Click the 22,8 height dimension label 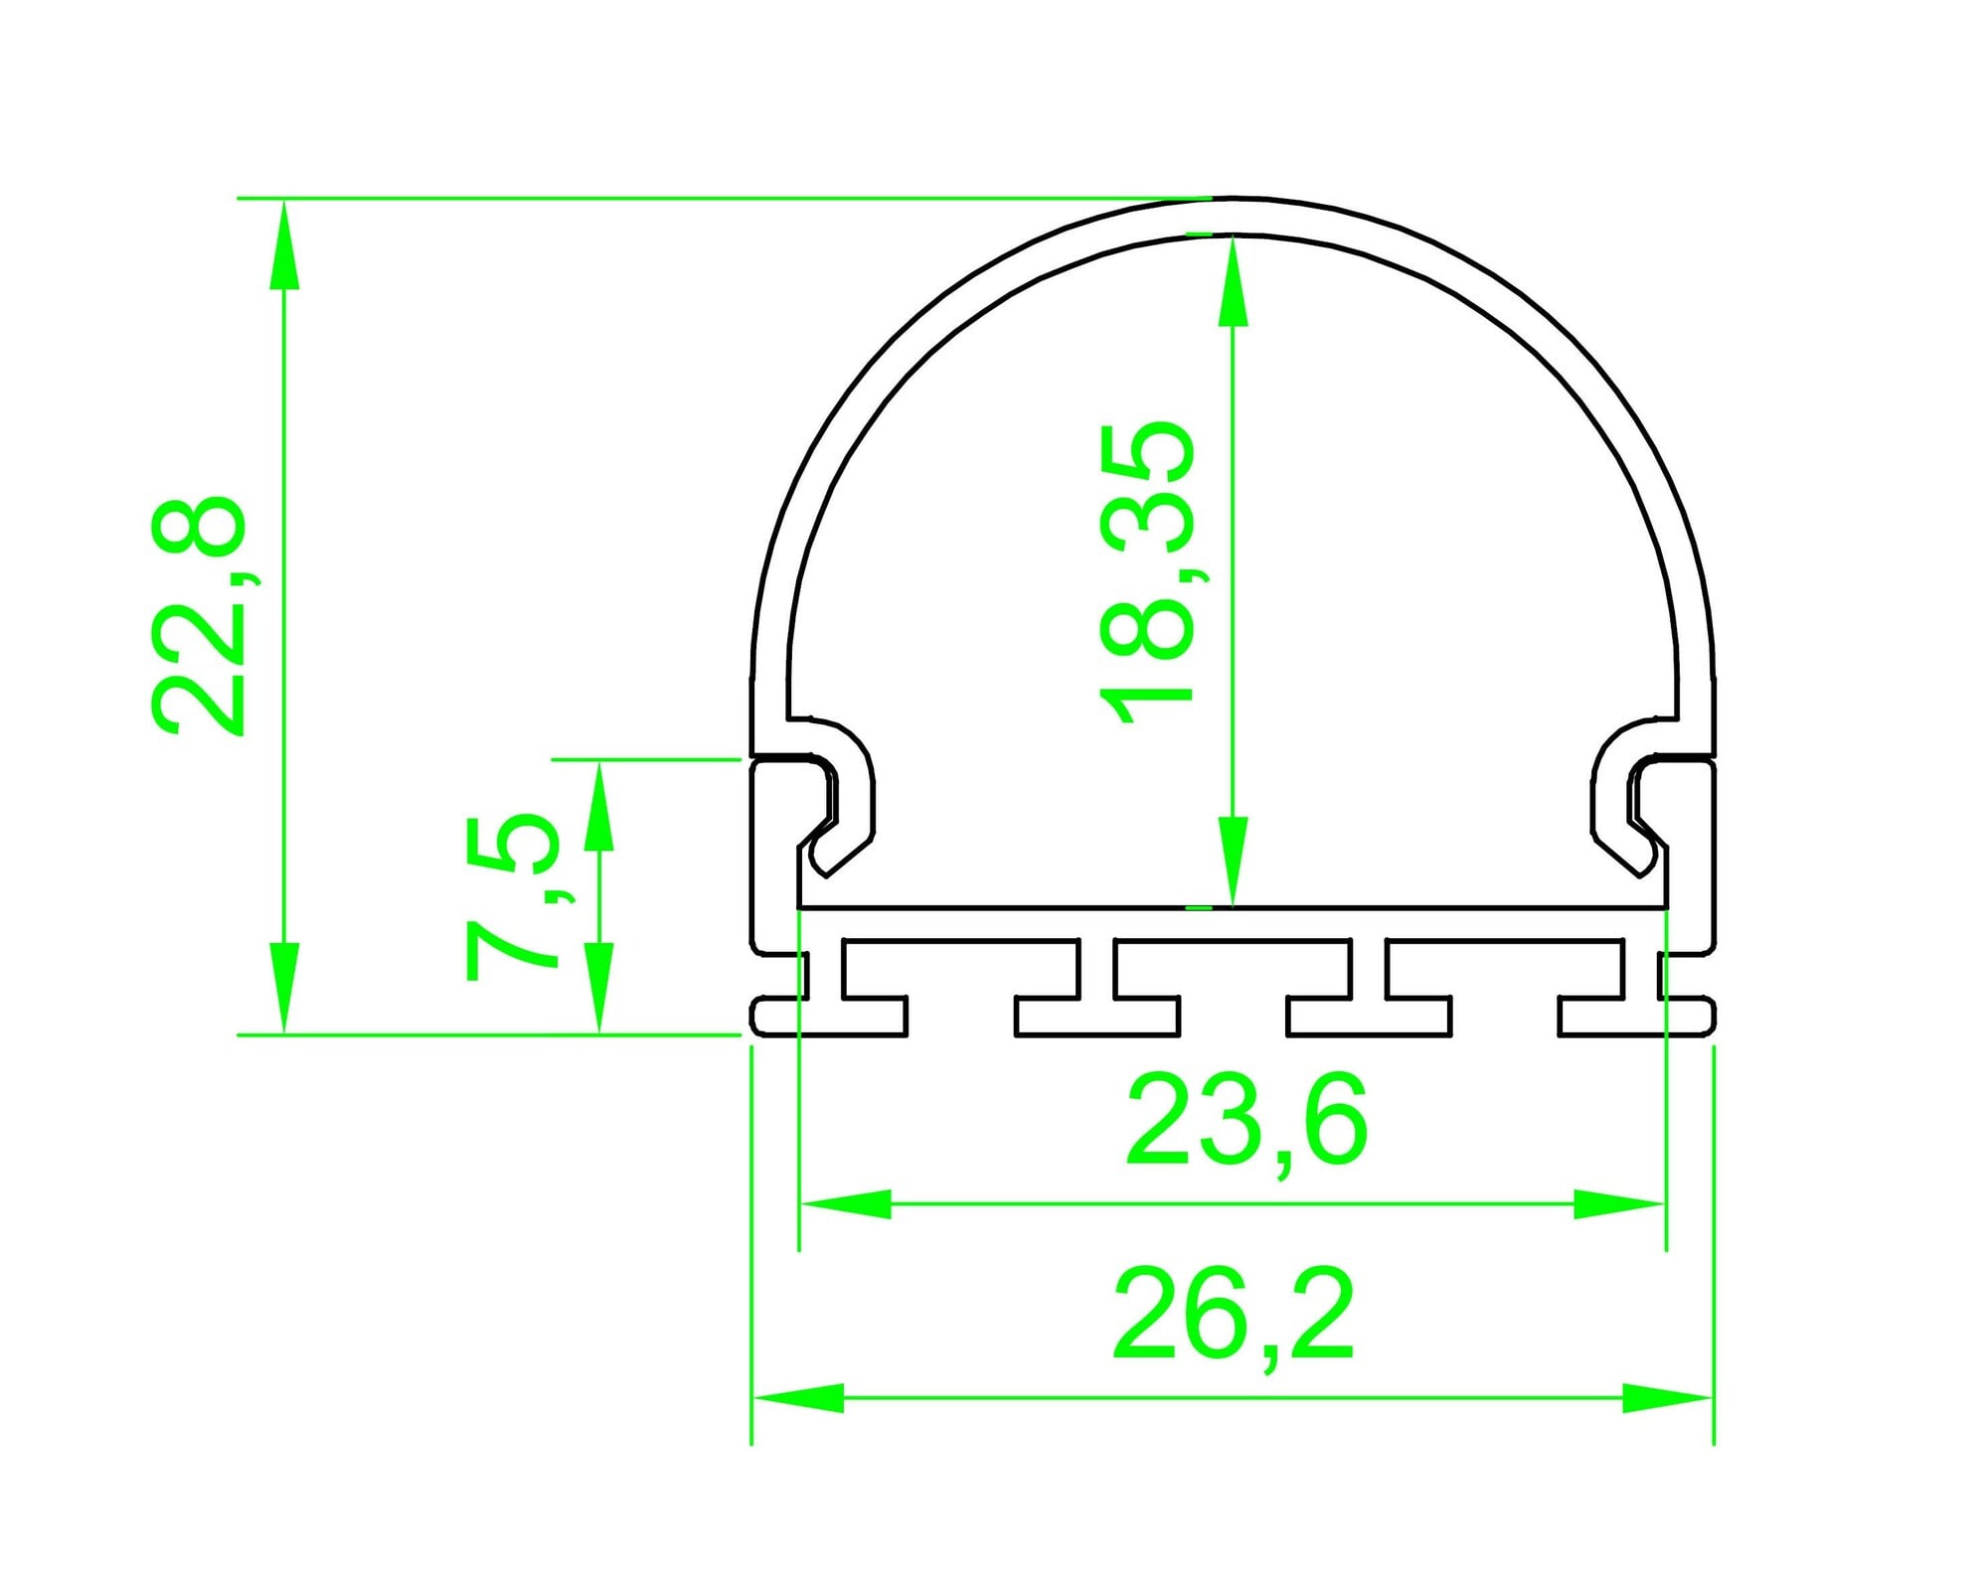point(197,616)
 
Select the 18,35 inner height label point(1146,572)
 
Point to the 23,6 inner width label point(1246,1121)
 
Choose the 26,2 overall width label point(1234,1317)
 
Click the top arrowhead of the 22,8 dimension point(284,244)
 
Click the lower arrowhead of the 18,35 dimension point(1233,862)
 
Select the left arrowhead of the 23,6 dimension point(846,1204)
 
